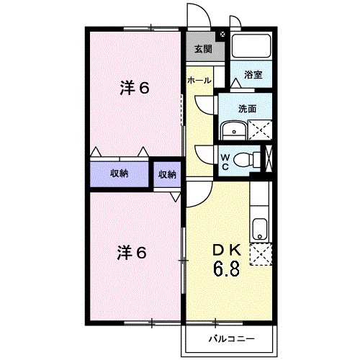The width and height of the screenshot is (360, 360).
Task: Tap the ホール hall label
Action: tap(199, 81)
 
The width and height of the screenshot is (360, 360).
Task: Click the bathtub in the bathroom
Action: tap(251, 46)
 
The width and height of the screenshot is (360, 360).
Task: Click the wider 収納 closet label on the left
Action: tap(119, 174)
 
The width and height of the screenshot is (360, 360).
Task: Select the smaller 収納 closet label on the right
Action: tap(166, 174)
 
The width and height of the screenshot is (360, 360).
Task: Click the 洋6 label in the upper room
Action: tap(133, 89)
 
